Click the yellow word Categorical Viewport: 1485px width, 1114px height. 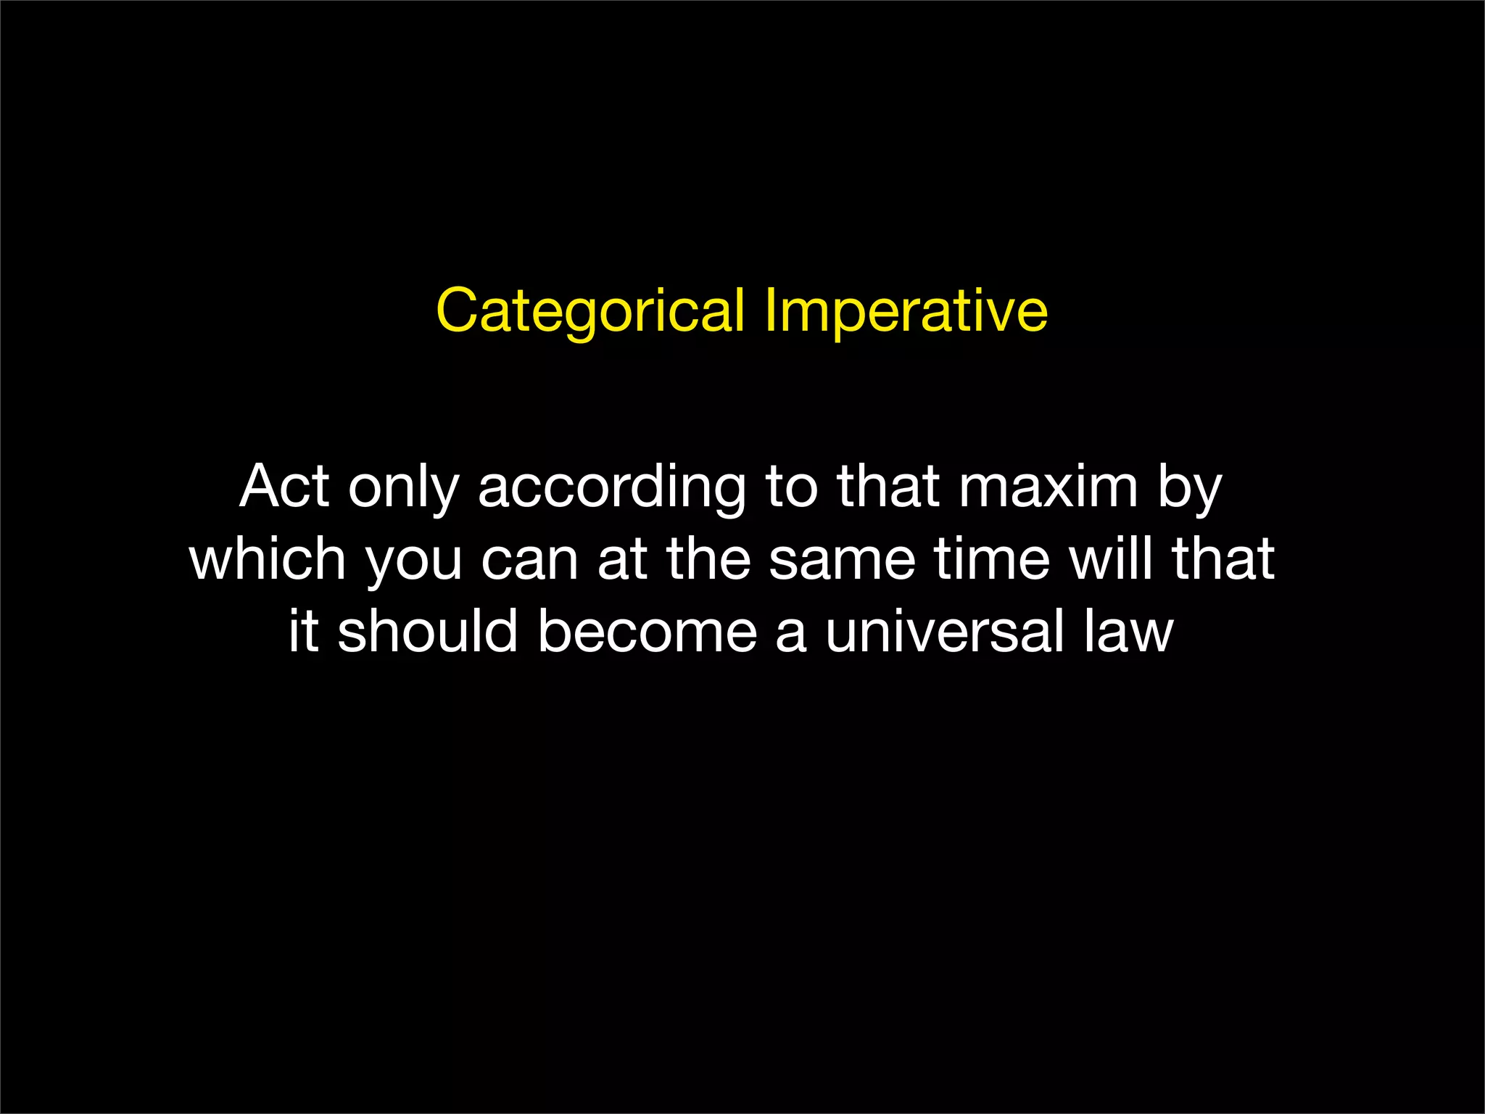pos(590,312)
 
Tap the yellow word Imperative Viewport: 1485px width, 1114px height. pos(906,312)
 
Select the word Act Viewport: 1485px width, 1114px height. pos(284,487)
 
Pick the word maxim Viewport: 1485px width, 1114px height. pos(1048,487)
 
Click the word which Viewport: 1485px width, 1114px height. pos(268,559)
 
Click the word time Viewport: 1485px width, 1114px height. pos(992,559)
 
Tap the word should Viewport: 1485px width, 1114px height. pos(428,631)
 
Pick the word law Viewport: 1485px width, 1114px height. pos(1128,631)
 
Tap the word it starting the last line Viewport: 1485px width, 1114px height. pos(304,631)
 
